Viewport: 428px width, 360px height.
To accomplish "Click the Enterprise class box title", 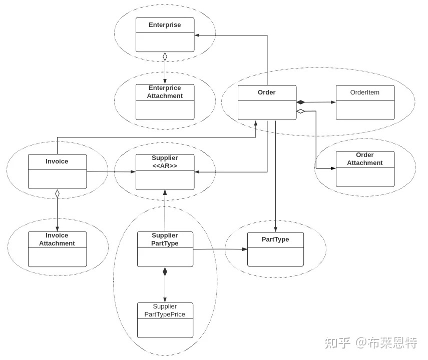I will point(165,25).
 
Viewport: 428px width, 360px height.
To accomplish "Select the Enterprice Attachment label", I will point(165,92).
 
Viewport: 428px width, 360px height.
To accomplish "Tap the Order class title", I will point(267,92).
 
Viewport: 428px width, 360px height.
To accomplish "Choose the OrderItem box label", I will point(365,92).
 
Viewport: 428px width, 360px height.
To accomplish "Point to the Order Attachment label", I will point(365,159).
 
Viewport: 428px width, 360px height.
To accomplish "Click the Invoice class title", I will point(57,161).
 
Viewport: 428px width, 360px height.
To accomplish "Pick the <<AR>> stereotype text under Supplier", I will point(165,166).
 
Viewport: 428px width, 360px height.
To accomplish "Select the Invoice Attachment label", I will point(57,239).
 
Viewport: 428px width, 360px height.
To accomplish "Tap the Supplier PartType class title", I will point(165,239).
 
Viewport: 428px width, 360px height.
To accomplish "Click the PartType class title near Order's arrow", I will point(275,239).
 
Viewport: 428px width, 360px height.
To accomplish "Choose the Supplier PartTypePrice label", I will point(165,310).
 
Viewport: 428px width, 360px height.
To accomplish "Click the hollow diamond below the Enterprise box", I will point(165,57).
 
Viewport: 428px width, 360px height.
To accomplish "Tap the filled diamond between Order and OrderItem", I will point(300,102).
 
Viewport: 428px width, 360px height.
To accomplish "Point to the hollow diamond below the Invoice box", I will point(57,193).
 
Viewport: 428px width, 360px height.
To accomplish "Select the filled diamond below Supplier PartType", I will point(165,271).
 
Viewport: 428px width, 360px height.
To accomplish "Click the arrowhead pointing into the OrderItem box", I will point(333,102).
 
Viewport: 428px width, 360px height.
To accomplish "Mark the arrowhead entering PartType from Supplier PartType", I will point(245,249).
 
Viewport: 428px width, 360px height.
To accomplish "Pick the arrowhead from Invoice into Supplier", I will point(133,171).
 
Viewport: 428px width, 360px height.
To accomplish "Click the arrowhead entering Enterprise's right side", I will point(197,35).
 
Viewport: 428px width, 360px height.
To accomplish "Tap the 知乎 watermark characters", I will point(337,343).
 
